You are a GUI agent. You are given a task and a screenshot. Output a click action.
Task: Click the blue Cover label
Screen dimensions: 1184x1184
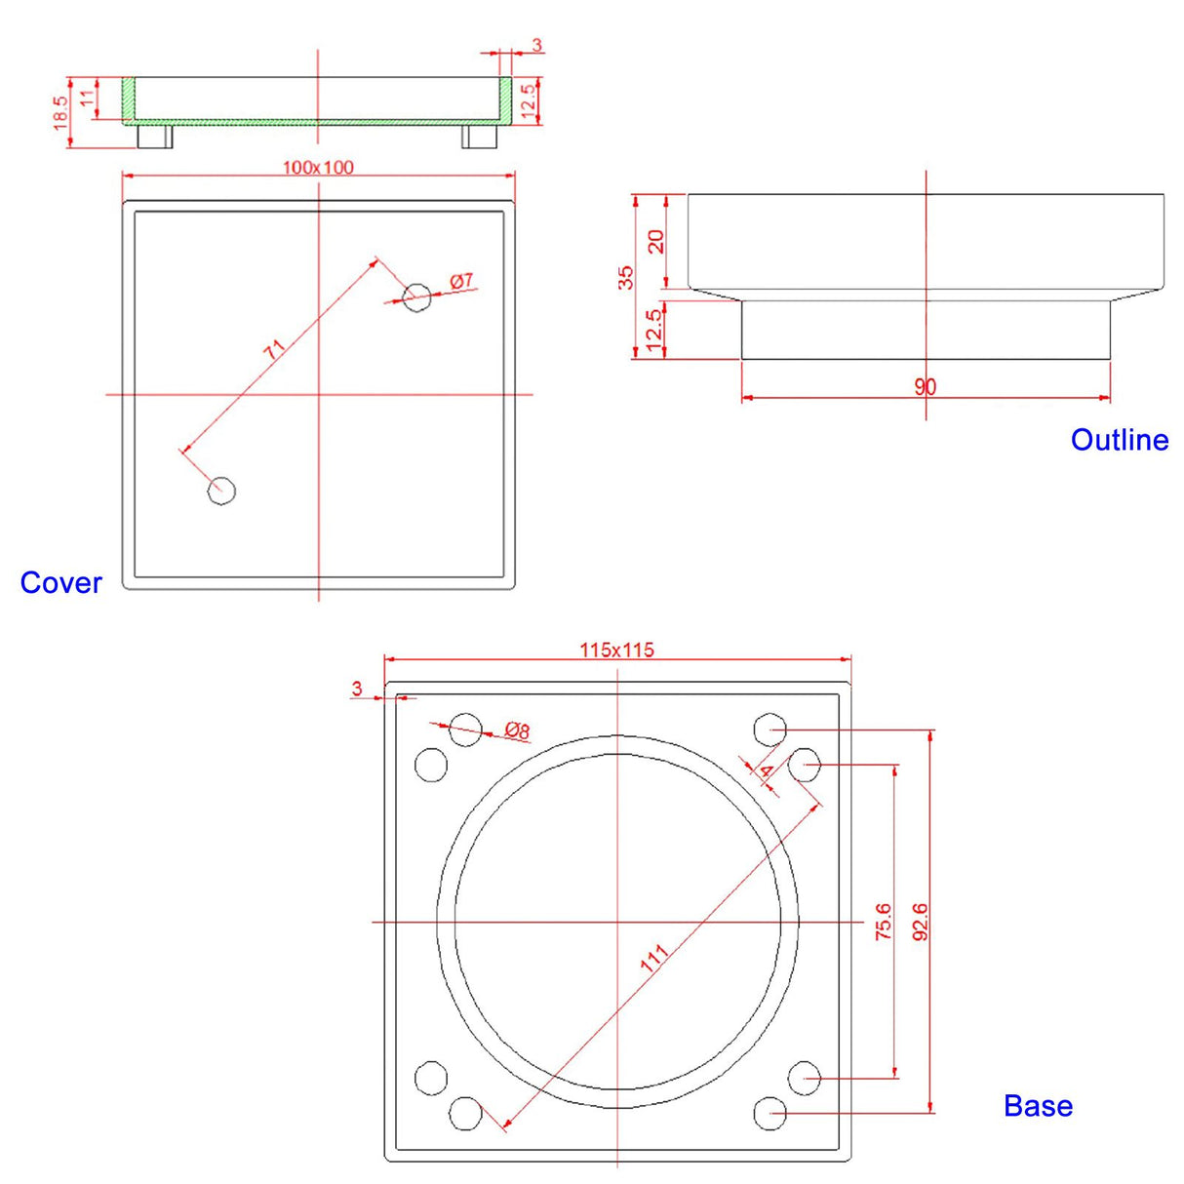(x=60, y=582)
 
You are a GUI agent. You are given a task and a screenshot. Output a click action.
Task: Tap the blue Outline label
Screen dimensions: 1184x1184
(x=1119, y=440)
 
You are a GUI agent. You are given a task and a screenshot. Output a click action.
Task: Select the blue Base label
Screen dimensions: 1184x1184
(x=1038, y=1106)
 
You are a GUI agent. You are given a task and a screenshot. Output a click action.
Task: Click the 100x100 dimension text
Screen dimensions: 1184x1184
(x=318, y=168)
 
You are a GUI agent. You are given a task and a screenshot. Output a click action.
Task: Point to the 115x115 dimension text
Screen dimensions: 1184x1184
(x=616, y=650)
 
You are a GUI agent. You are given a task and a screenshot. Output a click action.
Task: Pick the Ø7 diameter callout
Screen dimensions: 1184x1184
(x=461, y=281)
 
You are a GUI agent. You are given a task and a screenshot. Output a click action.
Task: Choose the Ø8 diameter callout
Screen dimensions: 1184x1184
(x=517, y=730)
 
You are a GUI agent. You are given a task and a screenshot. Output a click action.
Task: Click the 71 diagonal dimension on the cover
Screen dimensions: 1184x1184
(x=275, y=349)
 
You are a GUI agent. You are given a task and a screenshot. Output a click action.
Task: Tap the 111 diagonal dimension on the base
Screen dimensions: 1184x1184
(x=654, y=958)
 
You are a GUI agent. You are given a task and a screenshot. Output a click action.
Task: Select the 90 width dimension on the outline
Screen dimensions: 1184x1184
(x=925, y=387)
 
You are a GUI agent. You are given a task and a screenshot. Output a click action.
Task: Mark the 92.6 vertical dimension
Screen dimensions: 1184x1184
(x=920, y=922)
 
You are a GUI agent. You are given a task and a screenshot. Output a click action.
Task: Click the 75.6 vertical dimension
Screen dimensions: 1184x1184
(x=883, y=922)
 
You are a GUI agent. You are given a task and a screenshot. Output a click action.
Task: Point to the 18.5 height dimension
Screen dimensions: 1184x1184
(x=60, y=113)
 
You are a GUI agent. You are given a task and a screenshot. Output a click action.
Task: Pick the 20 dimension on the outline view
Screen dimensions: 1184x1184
(x=656, y=241)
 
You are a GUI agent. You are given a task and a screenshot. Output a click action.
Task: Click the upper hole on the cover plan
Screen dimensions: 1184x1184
(x=416, y=296)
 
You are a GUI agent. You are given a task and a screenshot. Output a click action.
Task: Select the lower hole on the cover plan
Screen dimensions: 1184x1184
(x=221, y=490)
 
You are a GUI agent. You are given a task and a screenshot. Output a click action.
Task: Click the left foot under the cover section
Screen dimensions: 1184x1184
(x=154, y=137)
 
